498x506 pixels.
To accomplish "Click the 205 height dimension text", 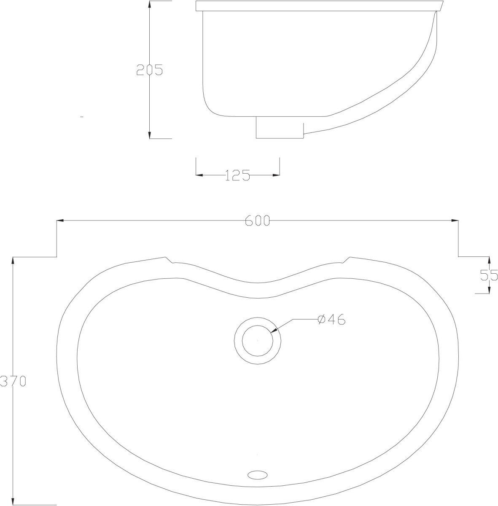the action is [x=150, y=70].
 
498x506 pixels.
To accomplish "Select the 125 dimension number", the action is [x=237, y=175].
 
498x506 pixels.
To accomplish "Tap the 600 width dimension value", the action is [x=257, y=221].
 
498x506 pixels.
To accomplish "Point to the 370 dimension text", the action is [x=13, y=381].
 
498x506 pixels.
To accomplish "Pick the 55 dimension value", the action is [x=489, y=275].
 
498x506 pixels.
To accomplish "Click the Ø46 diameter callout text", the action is [x=331, y=319].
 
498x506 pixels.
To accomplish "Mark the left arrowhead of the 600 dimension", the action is [x=60, y=221].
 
